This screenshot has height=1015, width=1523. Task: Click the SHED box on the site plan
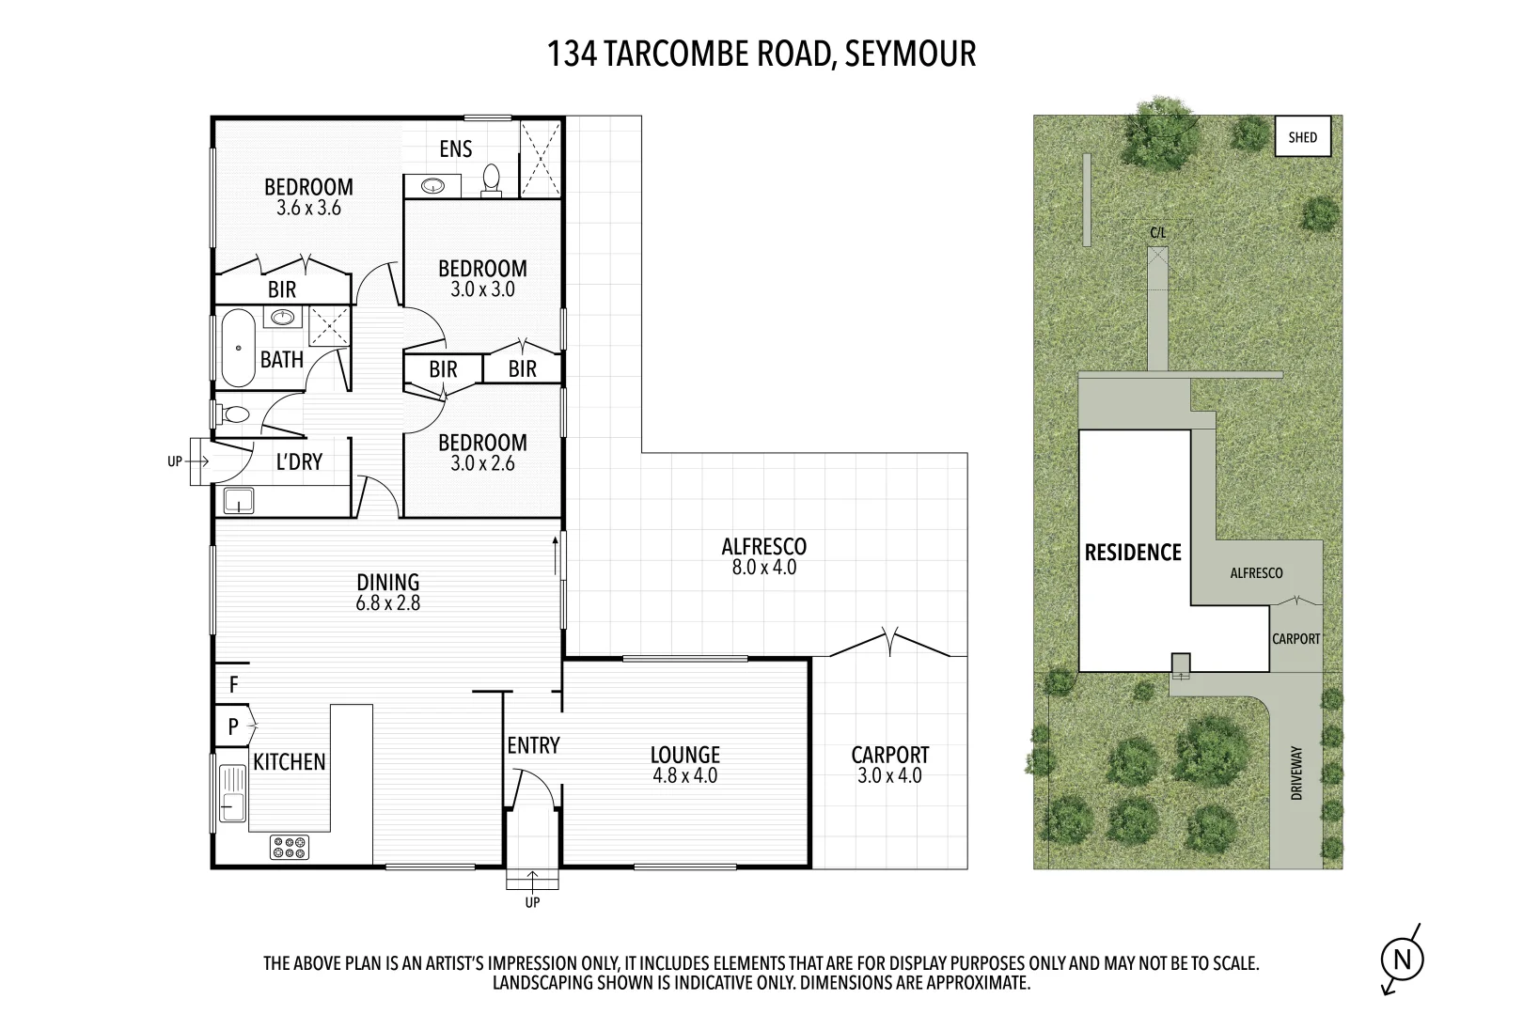click(x=1302, y=137)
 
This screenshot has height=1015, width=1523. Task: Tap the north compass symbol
click(x=1402, y=960)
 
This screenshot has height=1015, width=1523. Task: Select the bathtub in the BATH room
click(x=238, y=348)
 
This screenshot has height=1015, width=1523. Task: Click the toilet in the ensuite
click(x=492, y=180)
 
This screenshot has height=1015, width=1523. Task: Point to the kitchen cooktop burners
click(x=289, y=847)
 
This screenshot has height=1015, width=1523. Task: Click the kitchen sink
click(x=231, y=792)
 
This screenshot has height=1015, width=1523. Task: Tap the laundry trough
click(x=239, y=501)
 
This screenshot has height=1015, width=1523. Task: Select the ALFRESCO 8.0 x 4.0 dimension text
click(x=763, y=568)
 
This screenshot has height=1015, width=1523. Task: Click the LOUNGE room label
click(x=684, y=755)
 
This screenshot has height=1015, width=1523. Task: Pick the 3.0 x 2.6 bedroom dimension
click(x=482, y=463)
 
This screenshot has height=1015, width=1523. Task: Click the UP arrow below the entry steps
click(x=532, y=882)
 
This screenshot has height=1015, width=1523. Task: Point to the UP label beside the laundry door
click(x=174, y=461)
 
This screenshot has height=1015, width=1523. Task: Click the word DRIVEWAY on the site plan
click(x=1297, y=773)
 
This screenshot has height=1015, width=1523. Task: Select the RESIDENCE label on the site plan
click(x=1133, y=553)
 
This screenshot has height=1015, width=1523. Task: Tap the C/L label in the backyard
click(x=1157, y=232)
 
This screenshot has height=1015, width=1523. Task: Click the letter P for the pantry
click(x=233, y=726)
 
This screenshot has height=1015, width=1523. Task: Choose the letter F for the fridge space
click(x=234, y=685)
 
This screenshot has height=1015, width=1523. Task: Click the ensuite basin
click(x=432, y=186)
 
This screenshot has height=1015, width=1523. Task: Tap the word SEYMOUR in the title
click(x=910, y=54)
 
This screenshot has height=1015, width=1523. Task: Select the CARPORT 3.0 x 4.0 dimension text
click(x=889, y=776)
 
